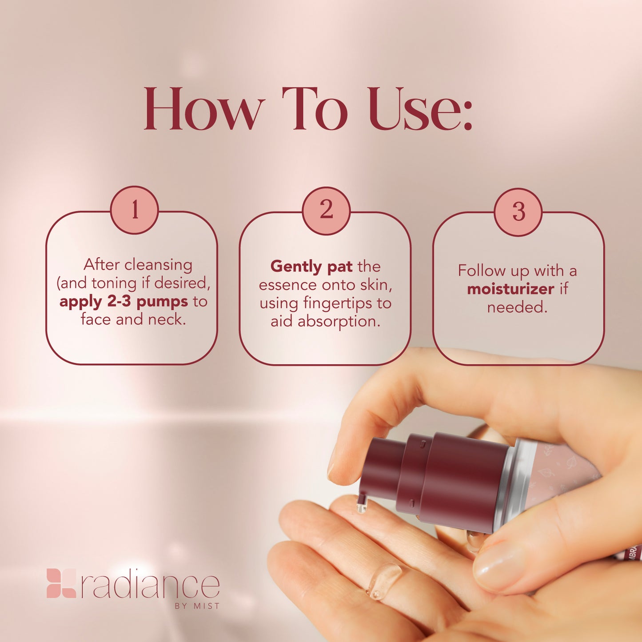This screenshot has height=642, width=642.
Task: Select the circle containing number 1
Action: point(134,210)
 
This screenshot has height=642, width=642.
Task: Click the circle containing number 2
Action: point(326,210)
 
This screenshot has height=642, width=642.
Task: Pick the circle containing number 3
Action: point(518,211)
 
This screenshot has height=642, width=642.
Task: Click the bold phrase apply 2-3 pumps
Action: point(124,302)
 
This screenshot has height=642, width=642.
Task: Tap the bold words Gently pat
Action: point(311,266)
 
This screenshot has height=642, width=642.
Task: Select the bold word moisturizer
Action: point(510,289)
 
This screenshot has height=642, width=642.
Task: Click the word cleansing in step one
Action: point(158,265)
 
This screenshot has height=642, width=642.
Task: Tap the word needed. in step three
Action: point(517,307)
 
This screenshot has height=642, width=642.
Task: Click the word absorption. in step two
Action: point(339,322)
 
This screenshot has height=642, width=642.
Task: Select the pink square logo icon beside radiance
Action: point(61,583)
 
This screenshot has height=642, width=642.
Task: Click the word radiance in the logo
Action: point(150,586)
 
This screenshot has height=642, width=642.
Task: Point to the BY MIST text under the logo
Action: point(197,606)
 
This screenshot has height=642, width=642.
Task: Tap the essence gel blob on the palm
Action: point(383,580)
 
